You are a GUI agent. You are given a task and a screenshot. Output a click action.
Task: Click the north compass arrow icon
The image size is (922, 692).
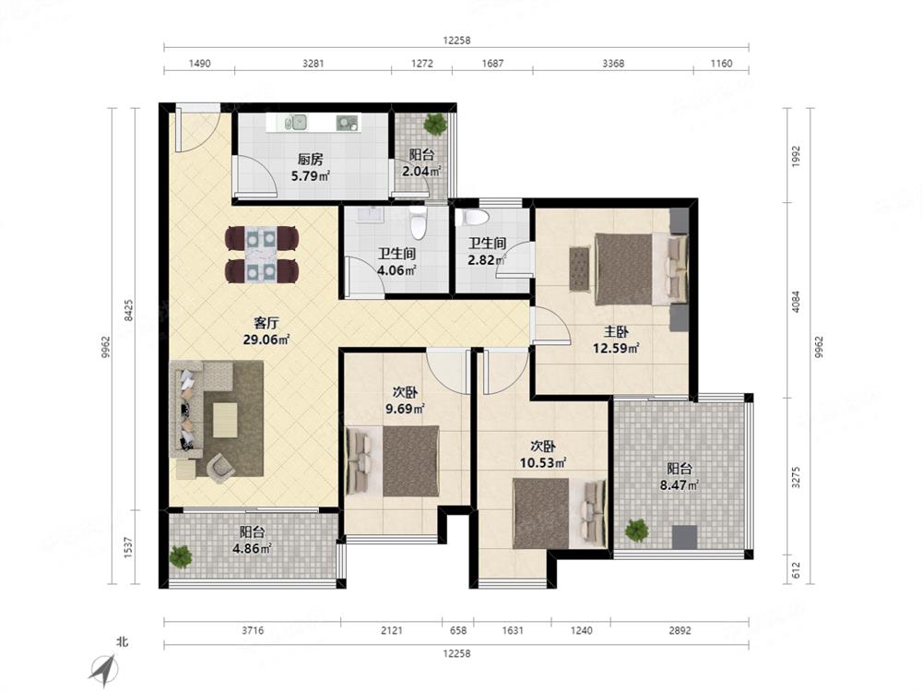[x=104, y=668]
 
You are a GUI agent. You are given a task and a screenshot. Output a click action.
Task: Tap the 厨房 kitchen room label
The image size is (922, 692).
[x=310, y=159]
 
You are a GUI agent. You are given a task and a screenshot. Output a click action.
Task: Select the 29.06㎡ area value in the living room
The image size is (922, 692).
[x=266, y=339]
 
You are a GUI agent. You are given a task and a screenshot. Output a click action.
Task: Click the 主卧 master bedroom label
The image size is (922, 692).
[x=616, y=332]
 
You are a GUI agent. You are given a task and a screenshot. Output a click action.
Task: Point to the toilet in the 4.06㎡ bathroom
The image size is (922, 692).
[x=418, y=223]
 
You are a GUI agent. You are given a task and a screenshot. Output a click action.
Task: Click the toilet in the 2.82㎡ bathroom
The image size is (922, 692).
[x=476, y=218]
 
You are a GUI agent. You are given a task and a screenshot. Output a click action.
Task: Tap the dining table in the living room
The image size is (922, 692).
[x=262, y=255]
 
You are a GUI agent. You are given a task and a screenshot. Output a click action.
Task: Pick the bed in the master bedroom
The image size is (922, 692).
[x=641, y=268]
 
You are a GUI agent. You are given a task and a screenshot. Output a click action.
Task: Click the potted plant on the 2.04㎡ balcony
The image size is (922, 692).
[x=435, y=124]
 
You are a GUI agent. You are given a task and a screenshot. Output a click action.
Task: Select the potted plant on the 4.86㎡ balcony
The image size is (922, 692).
[x=181, y=556]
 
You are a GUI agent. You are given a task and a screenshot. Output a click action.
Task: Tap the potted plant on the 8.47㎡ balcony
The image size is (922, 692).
[x=636, y=530]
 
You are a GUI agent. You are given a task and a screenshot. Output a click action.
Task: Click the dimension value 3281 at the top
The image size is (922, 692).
[x=313, y=64]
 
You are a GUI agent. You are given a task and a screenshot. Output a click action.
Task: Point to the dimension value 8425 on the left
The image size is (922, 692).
[x=129, y=310]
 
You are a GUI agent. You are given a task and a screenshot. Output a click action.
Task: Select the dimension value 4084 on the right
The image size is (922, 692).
[x=796, y=302]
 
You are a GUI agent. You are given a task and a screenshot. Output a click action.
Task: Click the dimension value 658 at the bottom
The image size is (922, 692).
[x=458, y=630]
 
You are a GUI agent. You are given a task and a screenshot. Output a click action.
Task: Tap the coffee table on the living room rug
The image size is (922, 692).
[x=225, y=420]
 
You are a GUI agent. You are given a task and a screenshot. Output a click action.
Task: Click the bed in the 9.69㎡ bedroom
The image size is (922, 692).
[x=393, y=461]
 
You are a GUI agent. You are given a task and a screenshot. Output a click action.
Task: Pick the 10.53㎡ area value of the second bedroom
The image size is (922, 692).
[x=543, y=463]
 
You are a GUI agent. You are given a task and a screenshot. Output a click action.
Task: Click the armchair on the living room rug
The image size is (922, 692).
[x=220, y=465]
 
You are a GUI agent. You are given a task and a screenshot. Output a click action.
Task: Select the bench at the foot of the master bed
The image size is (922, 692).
[x=579, y=268]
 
